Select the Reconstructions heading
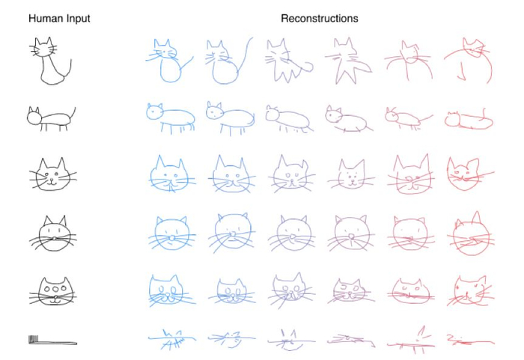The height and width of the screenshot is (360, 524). pyautogui.click(x=320, y=18)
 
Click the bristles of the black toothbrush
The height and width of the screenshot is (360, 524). pyautogui.click(x=33, y=339)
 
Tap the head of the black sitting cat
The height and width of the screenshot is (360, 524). pyautogui.click(x=43, y=49)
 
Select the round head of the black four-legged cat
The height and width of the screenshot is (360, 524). pyautogui.click(x=34, y=117)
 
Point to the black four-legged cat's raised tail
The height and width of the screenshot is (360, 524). pyautogui.click(x=73, y=113)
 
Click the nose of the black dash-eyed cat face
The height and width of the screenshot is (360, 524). pyautogui.click(x=53, y=238)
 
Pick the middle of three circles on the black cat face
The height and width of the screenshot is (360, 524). pyautogui.click(x=55, y=288)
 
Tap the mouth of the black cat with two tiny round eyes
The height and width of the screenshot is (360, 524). pyautogui.click(x=52, y=183)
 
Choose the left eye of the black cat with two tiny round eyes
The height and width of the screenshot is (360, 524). pyautogui.click(x=46, y=174)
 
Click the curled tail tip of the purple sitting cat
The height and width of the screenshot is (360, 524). pyautogui.click(x=309, y=66)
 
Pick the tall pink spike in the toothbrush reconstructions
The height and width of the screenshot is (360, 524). pyautogui.click(x=421, y=332)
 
